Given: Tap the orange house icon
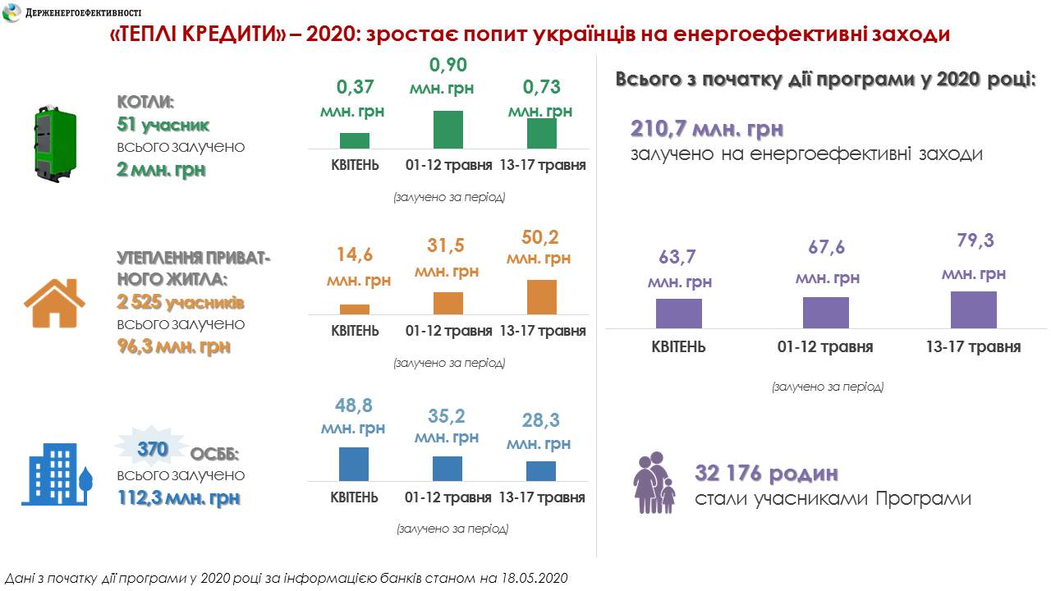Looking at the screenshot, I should (x=54, y=303).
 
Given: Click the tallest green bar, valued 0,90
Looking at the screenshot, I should (x=448, y=130).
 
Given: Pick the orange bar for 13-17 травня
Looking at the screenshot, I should (x=541, y=297).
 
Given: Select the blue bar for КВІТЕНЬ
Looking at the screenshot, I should (x=354, y=464).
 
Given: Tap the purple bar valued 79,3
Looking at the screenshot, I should (x=973, y=309).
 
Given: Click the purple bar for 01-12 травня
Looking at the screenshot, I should (x=825, y=313).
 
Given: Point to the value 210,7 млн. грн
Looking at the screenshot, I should (x=707, y=130).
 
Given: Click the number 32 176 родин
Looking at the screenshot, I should (x=767, y=474).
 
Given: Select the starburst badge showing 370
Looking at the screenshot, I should (x=153, y=449).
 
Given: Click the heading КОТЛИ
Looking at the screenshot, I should (x=146, y=103).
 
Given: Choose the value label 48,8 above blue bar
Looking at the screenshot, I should (x=354, y=405).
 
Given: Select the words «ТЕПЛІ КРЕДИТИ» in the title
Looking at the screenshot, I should (x=196, y=35).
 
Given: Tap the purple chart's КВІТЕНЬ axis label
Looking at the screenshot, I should (x=678, y=346).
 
